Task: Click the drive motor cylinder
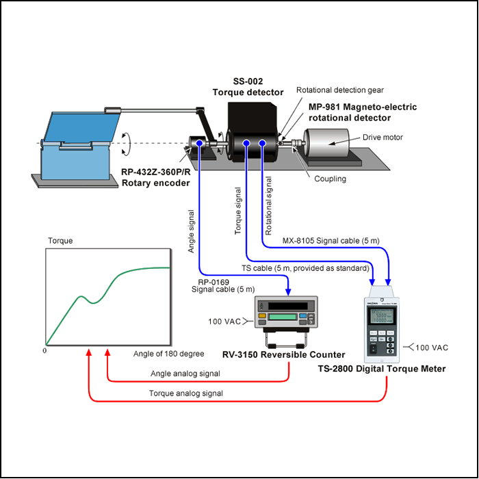[326, 143]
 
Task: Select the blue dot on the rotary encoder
[199, 142]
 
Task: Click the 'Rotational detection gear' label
[339, 90]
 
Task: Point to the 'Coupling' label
[330, 179]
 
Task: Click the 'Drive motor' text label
[383, 138]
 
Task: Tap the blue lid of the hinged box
[82, 127]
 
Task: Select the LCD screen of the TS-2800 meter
[382, 315]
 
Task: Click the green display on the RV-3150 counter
[282, 317]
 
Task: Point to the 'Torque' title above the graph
[60, 241]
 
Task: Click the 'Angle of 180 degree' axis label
[168, 354]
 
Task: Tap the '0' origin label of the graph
[44, 350]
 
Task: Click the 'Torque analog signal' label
[185, 393]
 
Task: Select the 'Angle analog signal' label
[185, 374]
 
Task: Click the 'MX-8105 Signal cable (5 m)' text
[331, 241]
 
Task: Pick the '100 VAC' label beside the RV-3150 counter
[224, 322]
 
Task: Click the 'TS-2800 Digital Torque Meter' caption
[382, 369]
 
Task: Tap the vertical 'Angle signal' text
[191, 231]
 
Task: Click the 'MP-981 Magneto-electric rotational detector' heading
[363, 112]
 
